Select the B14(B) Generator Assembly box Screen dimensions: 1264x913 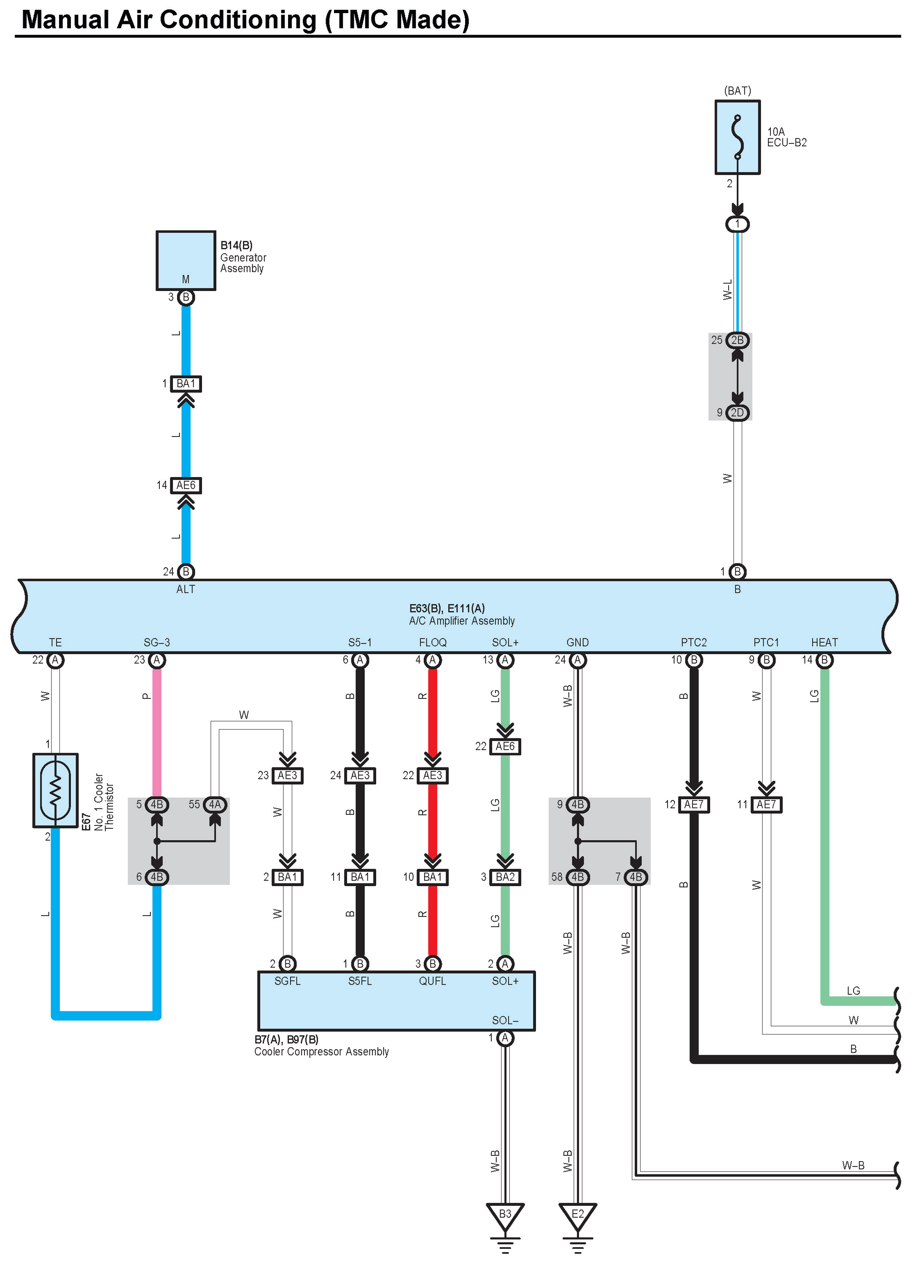pos(186,260)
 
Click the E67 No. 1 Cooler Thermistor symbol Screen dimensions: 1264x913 pos(55,790)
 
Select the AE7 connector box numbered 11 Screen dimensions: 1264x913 pos(766,804)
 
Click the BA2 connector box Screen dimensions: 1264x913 pos(505,877)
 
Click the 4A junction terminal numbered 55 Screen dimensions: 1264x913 pos(215,804)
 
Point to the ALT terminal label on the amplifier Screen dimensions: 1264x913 pos(186,589)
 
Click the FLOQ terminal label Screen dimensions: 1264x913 pos(433,642)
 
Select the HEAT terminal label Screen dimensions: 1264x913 pos(824,642)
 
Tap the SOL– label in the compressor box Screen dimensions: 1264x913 pos(505,1020)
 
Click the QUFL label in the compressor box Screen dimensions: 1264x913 pos(433,981)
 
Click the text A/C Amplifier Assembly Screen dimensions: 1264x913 pos(461,621)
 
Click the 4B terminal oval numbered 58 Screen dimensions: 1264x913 pos(577,877)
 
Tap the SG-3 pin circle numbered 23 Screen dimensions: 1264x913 pos(156,660)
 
